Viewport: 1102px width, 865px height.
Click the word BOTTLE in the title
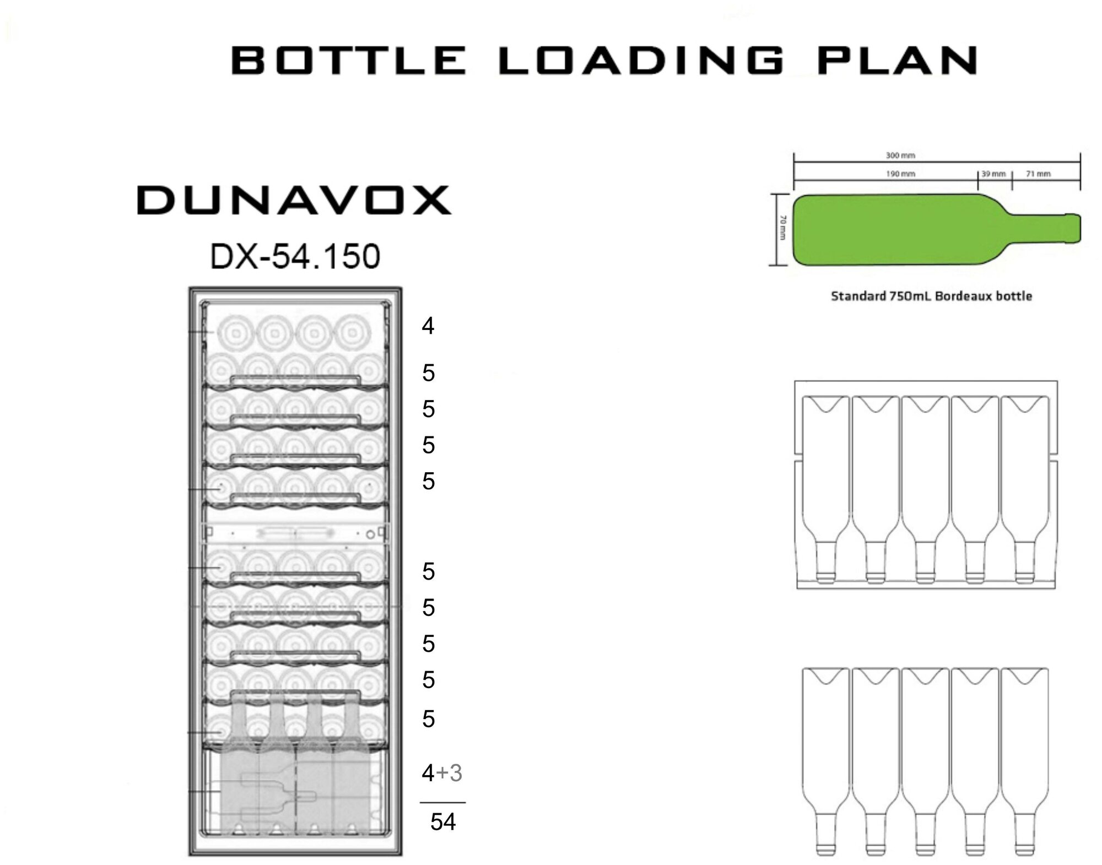(349, 61)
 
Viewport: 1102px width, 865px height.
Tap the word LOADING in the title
(641, 61)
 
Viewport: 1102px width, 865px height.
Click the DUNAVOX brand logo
(294, 200)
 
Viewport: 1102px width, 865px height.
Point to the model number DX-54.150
(295, 256)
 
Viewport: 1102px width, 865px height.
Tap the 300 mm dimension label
(900, 155)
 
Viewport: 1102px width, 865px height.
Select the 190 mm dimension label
(900, 174)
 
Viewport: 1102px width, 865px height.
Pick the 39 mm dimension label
(993, 174)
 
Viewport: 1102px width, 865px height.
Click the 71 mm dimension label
(1038, 174)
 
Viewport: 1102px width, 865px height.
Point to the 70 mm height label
(783, 228)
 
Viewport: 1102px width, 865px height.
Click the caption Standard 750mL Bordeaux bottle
(931, 296)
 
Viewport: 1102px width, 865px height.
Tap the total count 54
(443, 822)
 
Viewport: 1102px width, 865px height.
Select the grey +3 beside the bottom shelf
(450, 773)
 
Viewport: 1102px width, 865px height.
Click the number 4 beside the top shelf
(428, 326)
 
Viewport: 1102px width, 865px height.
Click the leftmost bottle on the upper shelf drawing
(825, 485)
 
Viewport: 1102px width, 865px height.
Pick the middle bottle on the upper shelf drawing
(925, 485)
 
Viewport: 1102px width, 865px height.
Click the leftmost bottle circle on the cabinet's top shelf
(234, 333)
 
